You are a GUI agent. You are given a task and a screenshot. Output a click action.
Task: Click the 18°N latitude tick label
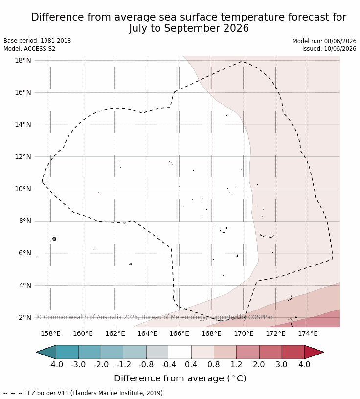(x=23, y=60)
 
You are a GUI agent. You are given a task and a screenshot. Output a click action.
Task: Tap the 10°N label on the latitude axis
(x=23, y=189)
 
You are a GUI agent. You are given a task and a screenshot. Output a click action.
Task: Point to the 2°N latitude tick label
(x=25, y=317)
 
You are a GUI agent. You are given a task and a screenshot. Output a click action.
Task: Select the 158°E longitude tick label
(x=51, y=333)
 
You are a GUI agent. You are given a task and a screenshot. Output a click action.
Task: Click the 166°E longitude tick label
(x=179, y=333)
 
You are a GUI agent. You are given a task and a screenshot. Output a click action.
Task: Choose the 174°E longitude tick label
(x=308, y=333)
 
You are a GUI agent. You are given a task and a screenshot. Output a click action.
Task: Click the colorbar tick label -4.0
(x=56, y=364)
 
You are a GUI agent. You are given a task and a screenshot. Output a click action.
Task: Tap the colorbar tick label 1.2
(x=236, y=364)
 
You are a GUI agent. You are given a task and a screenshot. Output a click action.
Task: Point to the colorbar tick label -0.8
(x=146, y=364)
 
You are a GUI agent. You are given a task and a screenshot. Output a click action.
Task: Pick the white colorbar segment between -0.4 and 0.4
(x=180, y=352)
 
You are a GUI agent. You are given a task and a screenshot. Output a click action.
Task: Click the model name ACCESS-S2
(x=40, y=48)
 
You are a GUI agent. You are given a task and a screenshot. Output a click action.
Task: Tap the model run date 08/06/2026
(x=340, y=41)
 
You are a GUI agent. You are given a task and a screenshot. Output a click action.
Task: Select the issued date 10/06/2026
(x=340, y=48)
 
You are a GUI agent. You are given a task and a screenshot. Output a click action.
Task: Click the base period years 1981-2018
(x=56, y=41)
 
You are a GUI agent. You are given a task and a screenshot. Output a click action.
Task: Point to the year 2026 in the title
(x=236, y=28)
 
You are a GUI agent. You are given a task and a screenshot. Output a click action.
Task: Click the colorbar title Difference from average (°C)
(x=180, y=378)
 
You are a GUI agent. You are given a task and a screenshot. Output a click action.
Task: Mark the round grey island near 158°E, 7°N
(x=54, y=239)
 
